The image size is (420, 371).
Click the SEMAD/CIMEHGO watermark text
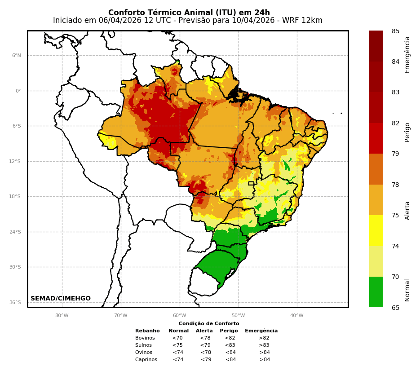pyautogui.click(x=61, y=299)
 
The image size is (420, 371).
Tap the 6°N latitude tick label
pyautogui.click(x=17, y=56)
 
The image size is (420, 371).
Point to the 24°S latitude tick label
pyautogui.click(x=15, y=232)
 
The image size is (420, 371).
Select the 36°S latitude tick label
pyautogui.click(x=15, y=302)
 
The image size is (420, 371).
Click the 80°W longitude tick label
pyautogui.click(x=62, y=315)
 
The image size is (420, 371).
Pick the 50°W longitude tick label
pyautogui.click(x=238, y=315)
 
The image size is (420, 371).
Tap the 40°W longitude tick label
pyautogui.click(x=297, y=315)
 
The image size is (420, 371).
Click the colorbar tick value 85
pyautogui.click(x=395, y=31)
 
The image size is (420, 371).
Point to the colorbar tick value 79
pyautogui.click(x=395, y=154)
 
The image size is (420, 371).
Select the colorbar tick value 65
pyautogui.click(x=395, y=308)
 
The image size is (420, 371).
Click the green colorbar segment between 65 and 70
pyautogui.click(x=376, y=292)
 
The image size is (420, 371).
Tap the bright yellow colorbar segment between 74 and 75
pyautogui.click(x=376, y=230)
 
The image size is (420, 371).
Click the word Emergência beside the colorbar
pyautogui.click(x=407, y=55)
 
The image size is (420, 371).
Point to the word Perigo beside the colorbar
pyautogui.click(x=407, y=132)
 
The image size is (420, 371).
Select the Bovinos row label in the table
pyautogui.click(x=145, y=338)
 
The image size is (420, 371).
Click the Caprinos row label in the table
pyautogui.click(x=146, y=360)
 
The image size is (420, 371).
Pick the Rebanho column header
pyautogui.click(x=147, y=331)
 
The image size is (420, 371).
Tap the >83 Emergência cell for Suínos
pyautogui.click(x=264, y=345)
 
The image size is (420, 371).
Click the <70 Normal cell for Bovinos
pyautogui.click(x=177, y=338)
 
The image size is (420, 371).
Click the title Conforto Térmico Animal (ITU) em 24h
pyautogui.click(x=189, y=13)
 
